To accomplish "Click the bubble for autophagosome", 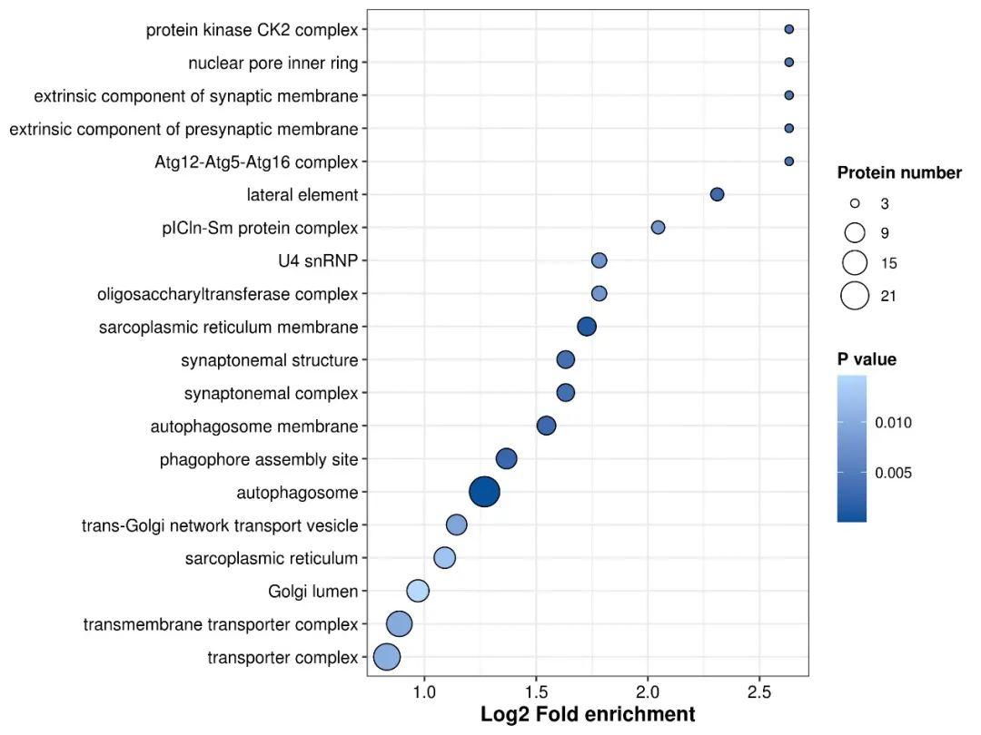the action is point(484,492).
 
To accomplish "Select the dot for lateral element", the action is point(717,194).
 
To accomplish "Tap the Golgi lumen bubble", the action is point(417,591).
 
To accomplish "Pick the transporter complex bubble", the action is point(387,657).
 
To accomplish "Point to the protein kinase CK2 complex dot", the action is point(789,29).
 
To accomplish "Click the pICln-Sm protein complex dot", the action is point(658,228).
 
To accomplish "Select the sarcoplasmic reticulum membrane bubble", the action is point(586,327).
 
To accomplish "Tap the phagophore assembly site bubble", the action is point(506,459).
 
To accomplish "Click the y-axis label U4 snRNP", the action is point(318,260).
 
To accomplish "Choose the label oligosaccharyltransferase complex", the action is point(228,294).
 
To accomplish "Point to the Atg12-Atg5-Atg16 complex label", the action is point(256,162).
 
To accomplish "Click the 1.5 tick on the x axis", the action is point(536,691).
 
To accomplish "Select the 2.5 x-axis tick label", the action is point(759,691).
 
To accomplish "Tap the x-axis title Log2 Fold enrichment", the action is point(588,714).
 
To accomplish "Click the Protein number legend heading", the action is point(899,173).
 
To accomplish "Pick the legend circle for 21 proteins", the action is point(855,296).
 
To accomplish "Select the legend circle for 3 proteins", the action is point(855,203).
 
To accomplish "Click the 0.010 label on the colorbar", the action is point(894,423).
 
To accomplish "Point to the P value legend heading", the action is point(867,359).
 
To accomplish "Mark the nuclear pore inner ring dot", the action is point(789,63).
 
